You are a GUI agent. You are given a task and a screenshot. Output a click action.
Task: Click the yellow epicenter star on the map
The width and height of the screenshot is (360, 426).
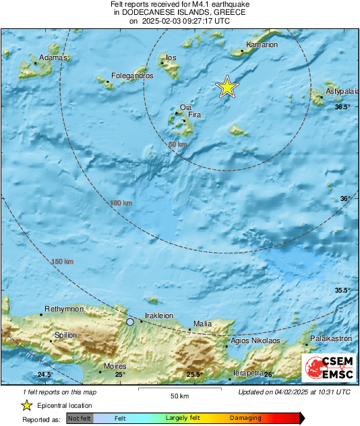pyautogui.click(x=228, y=87)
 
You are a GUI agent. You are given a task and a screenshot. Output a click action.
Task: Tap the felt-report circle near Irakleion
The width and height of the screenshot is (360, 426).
pyautogui.click(x=130, y=322)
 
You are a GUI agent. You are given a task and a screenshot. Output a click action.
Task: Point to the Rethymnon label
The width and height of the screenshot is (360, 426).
pyautogui.click(x=64, y=309)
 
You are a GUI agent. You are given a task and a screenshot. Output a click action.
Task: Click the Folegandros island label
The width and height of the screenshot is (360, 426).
pyautogui.click(x=132, y=76)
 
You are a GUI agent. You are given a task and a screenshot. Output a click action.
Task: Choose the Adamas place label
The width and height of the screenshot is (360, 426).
pyautogui.click(x=54, y=58)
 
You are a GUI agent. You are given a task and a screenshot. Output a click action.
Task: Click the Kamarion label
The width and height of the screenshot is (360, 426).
pyautogui.click(x=262, y=45)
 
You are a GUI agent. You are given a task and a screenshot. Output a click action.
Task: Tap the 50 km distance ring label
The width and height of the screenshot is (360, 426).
pyautogui.click(x=177, y=145)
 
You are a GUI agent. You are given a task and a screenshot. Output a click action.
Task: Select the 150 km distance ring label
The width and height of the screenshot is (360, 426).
pyautogui.click(x=62, y=262)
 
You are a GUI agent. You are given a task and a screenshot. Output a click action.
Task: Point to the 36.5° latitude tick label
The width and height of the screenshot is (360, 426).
pyautogui.click(x=343, y=107)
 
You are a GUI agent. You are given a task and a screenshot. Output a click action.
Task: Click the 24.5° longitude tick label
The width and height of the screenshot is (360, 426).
pyautogui.click(x=45, y=375)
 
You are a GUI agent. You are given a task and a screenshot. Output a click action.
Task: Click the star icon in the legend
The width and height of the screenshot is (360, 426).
pyautogui.click(x=27, y=405)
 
